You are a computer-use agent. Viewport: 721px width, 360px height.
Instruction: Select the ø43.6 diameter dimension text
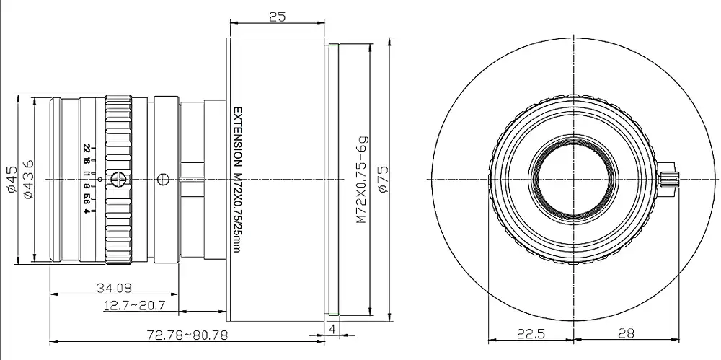[27, 179]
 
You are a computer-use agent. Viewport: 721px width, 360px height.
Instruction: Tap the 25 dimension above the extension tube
[278, 17]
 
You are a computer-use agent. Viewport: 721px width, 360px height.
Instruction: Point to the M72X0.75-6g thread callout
[363, 179]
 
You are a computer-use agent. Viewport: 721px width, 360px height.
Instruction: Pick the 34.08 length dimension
[114, 288]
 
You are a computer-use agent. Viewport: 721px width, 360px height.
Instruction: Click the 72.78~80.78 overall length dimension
[187, 334]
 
